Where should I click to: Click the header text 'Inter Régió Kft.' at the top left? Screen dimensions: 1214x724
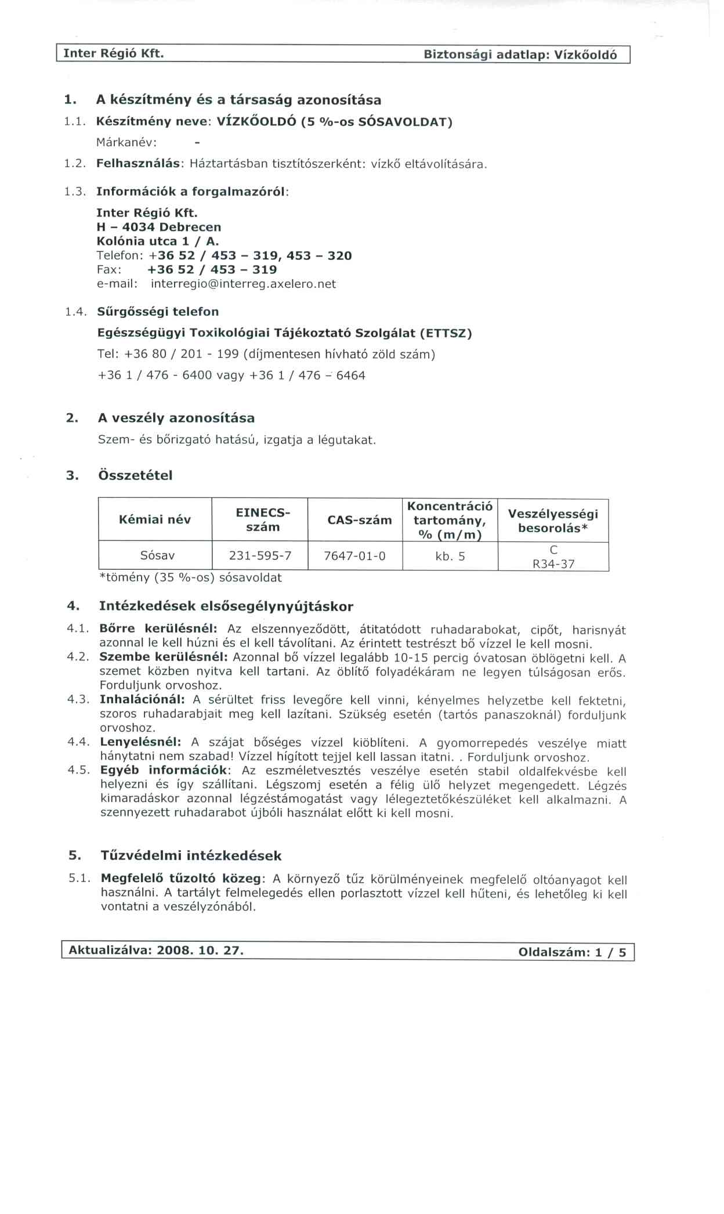113,53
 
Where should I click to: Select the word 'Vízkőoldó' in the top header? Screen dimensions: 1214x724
585,55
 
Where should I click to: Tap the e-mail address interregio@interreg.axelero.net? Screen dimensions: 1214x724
243,284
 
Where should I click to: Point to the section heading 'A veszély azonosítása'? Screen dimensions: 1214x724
176,418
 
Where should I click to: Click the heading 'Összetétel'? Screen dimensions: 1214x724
136,475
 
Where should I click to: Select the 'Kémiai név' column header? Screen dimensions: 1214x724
154,519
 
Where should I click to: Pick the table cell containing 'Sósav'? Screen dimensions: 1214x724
157,555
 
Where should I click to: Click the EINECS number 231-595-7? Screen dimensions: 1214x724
260,555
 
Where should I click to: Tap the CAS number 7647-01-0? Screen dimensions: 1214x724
354,556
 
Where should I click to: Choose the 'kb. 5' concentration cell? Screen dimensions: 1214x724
450,557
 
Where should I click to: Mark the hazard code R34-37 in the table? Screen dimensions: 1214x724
553,563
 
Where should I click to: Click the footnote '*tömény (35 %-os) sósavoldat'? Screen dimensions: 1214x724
190,577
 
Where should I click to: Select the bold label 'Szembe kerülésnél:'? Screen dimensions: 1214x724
165,657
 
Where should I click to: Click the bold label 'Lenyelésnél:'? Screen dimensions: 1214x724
140,742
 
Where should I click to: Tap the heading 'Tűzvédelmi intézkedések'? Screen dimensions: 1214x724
191,855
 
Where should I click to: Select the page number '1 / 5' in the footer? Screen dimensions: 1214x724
611,952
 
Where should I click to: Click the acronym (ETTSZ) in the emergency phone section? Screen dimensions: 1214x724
446,333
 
